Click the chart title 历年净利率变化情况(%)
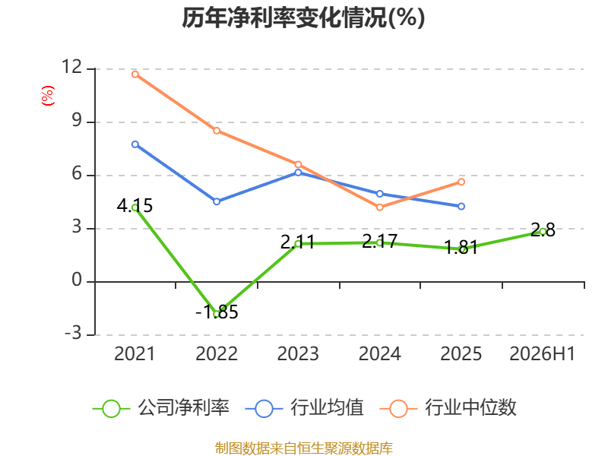[x=303, y=17]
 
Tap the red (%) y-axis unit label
[x=48, y=96]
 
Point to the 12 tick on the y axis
[x=72, y=67]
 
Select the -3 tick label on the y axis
[x=73, y=333]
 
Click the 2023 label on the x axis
[x=298, y=353]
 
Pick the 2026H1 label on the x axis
[x=542, y=353]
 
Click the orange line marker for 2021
[x=135, y=74]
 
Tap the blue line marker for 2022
[x=217, y=201]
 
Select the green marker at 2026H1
[x=543, y=232]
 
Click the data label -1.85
[x=217, y=312]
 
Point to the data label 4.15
[x=135, y=205]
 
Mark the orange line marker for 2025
[x=461, y=182]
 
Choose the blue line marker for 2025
[x=461, y=206]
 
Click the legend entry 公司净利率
[x=161, y=408]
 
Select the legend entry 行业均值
[x=305, y=408]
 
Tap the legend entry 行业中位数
[x=448, y=408]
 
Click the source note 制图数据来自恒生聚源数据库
[x=304, y=448]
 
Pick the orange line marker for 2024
[x=379, y=207]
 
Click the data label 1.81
[x=461, y=248]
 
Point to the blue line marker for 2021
[x=135, y=144]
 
